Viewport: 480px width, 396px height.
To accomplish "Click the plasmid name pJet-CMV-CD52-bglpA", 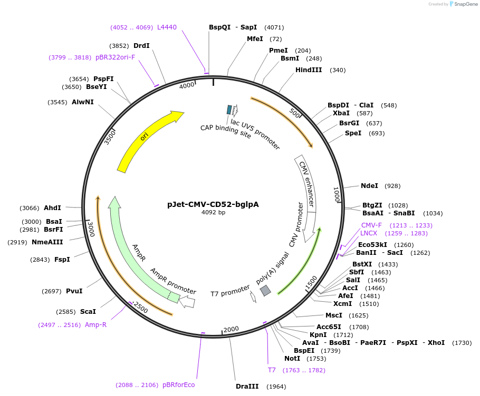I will tap(213, 204).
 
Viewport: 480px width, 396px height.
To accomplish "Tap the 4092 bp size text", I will tap(213, 213).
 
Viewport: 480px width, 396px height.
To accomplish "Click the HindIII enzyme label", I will tap(309, 70).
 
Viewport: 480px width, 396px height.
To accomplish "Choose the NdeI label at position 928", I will tap(369, 186).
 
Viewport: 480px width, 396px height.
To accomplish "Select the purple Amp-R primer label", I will tap(95, 325).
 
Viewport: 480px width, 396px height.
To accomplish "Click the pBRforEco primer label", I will tap(178, 385).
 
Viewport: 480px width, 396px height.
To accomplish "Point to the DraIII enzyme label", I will tap(247, 387).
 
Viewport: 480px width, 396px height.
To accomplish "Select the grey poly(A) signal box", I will tap(265, 290).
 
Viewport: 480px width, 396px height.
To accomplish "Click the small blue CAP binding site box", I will tap(229, 110).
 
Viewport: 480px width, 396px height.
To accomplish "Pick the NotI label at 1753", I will tap(292, 359).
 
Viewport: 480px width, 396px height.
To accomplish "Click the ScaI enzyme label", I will tap(88, 312).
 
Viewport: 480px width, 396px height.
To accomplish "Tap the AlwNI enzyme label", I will tap(83, 102).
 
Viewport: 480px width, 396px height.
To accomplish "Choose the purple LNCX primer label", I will tap(369, 233).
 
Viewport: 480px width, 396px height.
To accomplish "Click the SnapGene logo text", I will tap(465, 4).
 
